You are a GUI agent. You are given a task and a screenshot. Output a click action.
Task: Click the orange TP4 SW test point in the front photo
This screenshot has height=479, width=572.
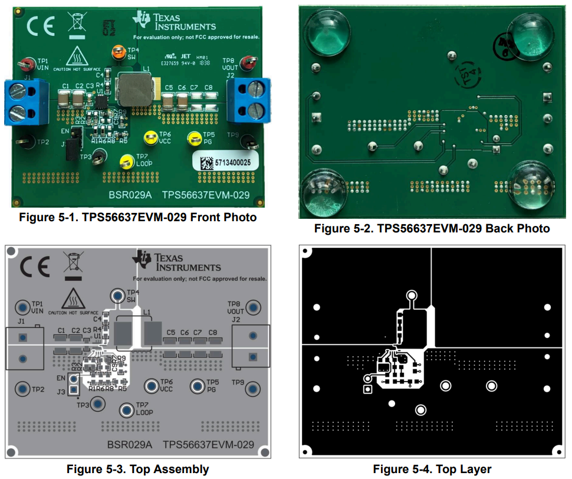click(x=119, y=51)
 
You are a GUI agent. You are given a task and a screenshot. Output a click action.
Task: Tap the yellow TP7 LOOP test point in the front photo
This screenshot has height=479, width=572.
click(x=126, y=162)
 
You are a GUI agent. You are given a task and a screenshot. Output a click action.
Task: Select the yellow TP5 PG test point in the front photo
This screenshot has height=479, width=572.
click(x=193, y=139)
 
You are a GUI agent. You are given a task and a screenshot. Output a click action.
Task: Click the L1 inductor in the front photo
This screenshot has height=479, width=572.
click(x=135, y=90)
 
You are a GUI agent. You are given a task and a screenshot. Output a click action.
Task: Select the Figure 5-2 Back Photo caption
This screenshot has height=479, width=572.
click(x=432, y=228)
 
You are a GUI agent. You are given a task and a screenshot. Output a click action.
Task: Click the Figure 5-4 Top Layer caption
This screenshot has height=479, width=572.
click(x=432, y=470)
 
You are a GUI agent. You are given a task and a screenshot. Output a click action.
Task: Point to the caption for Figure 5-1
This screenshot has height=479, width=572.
click(x=138, y=217)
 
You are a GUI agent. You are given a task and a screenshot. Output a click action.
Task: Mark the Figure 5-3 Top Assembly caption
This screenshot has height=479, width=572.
click(x=137, y=470)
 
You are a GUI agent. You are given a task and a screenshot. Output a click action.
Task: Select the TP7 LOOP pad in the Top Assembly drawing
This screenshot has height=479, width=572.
click(x=126, y=410)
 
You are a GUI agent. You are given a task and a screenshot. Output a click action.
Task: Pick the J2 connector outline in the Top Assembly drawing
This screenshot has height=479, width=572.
click(x=251, y=346)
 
